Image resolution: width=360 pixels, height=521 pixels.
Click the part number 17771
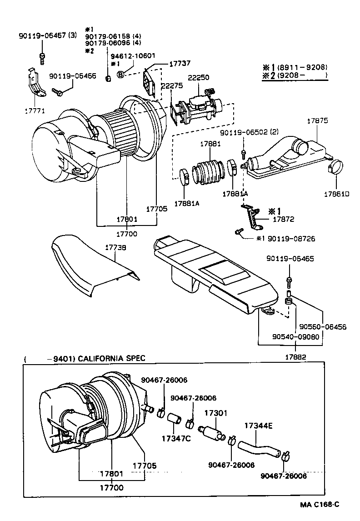[x=35, y=110]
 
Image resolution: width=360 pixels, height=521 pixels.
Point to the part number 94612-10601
[x=133, y=56]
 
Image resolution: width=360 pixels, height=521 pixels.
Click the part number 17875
[x=317, y=121]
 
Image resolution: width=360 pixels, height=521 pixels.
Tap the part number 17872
[x=284, y=219]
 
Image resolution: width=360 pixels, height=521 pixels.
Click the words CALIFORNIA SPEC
[x=112, y=358]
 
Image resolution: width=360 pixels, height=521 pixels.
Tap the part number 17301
[x=215, y=413]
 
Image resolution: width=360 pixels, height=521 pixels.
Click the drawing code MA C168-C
[x=320, y=505]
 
